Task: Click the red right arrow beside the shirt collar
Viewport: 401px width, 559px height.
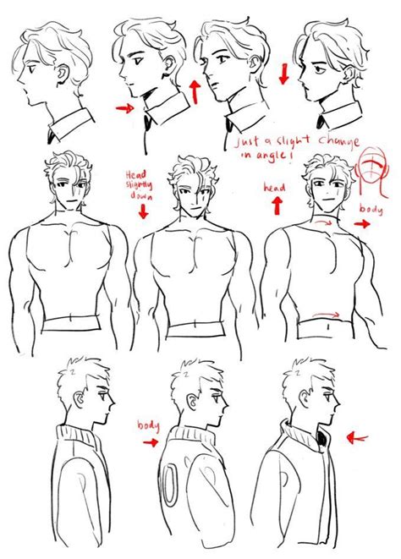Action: (125, 108)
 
